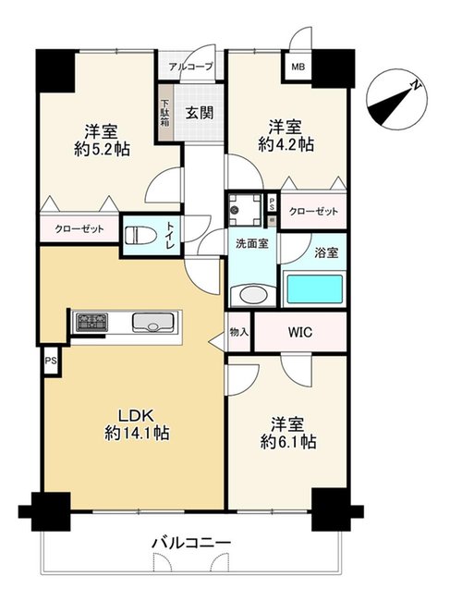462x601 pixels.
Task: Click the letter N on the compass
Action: pos(415,85)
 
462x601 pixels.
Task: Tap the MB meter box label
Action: pos(298,67)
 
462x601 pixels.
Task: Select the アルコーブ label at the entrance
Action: pos(190,67)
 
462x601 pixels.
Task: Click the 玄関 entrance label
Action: pos(200,113)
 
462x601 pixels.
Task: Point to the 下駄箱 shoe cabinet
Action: pos(164,113)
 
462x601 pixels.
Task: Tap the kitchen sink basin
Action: pos(153,323)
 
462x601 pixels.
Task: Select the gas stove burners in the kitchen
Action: pos(91,322)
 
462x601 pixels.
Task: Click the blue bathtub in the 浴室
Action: pos(315,289)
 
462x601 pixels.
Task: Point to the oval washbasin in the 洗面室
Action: pos(253,296)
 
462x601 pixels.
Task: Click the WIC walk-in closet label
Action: pos(300,332)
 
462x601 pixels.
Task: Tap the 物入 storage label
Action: pos(239,332)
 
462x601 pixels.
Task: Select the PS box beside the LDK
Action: pos(51,361)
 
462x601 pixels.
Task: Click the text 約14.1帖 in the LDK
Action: pos(137,433)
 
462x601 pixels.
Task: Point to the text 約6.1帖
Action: pos(288,442)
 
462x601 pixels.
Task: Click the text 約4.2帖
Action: pos(286,144)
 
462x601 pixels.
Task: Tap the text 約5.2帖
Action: pos(102,149)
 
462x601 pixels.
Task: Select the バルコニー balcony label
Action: pos(191,543)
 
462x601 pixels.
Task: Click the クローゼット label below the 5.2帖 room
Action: pos(79,229)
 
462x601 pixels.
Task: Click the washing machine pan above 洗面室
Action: pos(245,210)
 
